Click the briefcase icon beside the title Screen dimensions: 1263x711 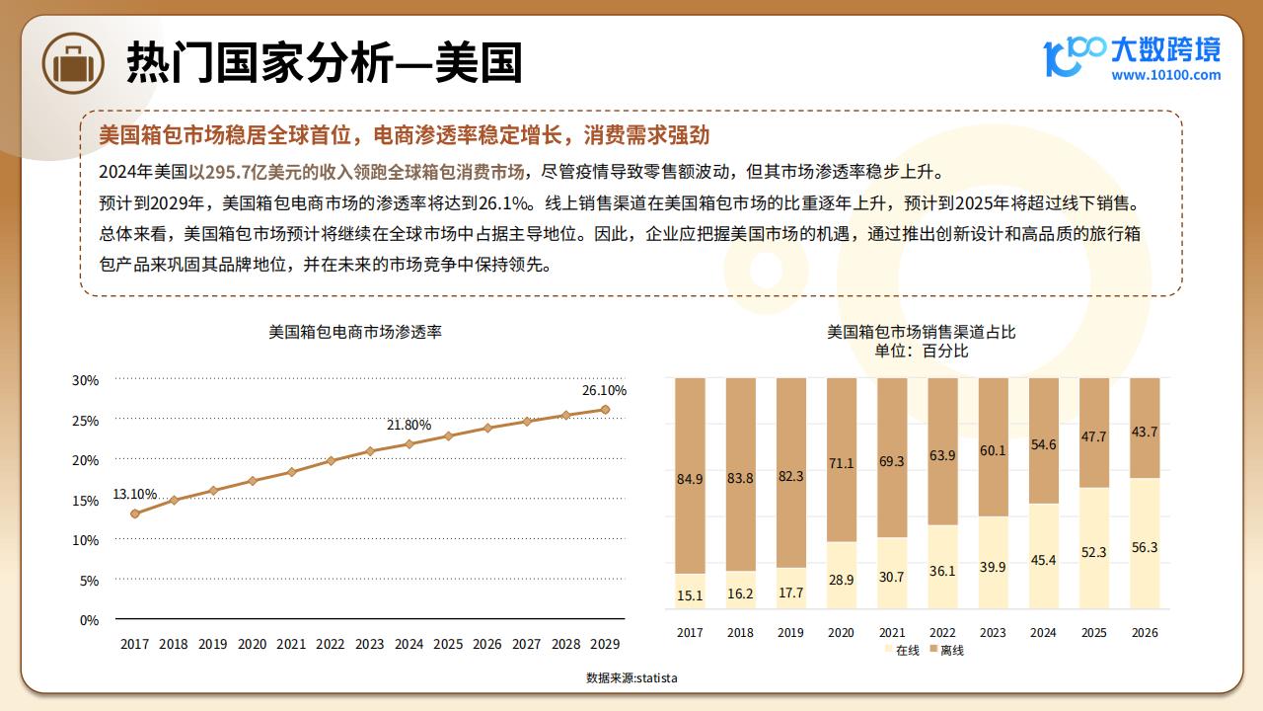73,62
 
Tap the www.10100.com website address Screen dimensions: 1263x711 1165,75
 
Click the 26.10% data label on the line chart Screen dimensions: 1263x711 604,390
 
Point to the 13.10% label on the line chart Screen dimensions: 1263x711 135,494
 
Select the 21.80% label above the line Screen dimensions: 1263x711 409,425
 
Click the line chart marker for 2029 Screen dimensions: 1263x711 605,410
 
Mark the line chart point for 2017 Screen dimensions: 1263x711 135,513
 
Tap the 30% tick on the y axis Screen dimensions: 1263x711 85,380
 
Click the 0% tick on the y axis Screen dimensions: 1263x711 89,621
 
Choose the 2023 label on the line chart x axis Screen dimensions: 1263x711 369,644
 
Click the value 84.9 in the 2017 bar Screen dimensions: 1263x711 690,479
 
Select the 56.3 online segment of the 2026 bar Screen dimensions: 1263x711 1145,543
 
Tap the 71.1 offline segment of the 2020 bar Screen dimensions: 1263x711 842,460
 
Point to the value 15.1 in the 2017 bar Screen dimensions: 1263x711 690,595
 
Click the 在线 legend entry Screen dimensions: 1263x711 902,650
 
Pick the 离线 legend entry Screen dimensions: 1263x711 947,650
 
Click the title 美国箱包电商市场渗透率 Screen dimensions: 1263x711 355,332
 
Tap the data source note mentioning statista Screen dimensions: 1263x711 631,677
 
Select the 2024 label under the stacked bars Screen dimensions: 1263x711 1043,633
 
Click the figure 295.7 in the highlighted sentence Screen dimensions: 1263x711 228,172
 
